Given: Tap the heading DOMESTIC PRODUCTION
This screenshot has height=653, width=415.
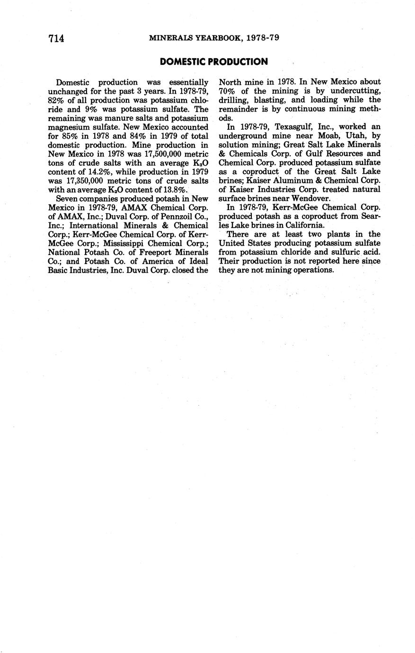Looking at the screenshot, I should pyautogui.click(x=214, y=62).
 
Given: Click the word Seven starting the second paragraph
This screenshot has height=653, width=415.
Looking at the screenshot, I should pyautogui.click(x=67, y=199).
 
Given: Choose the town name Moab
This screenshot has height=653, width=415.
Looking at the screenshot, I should pyautogui.click(x=319, y=136).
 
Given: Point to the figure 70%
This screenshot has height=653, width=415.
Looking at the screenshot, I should pyautogui.click(x=227, y=91).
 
